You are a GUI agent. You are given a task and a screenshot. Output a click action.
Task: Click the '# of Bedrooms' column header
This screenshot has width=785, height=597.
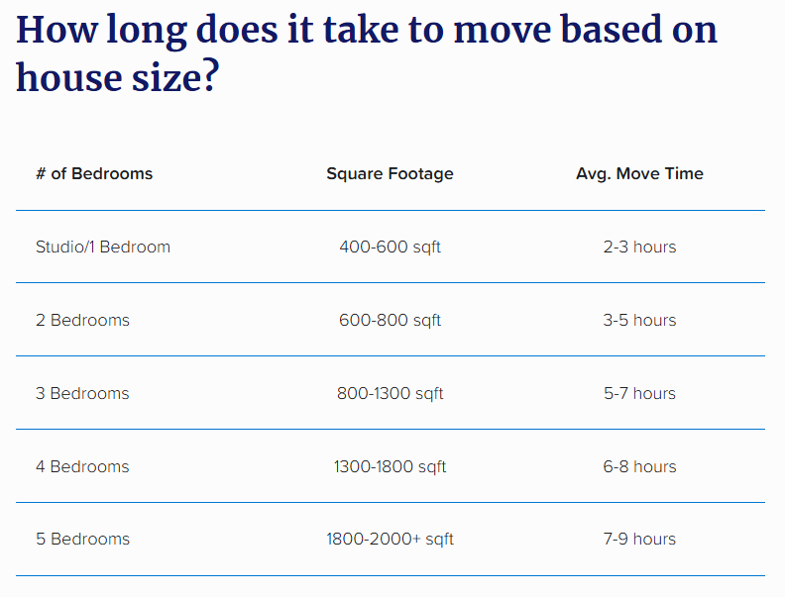pyautogui.click(x=94, y=173)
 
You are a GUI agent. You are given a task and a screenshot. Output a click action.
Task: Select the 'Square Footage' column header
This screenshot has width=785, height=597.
pyautogui.click(x=390, y=173)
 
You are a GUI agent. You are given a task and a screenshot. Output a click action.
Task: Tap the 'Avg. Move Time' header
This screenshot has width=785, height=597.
pyautogui.click(x=640, y=173)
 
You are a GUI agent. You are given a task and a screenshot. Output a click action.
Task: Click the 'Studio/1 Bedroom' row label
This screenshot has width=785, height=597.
pyautogui.click(x=103, y=247)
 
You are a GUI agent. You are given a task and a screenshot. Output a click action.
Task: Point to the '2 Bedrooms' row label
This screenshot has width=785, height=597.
pyautogui.click(x=82, y=320)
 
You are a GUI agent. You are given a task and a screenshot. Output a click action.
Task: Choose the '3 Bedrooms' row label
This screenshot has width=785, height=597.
pyautogui.click(x=82, y=393)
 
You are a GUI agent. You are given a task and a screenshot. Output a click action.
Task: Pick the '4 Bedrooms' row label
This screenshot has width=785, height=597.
pyautogui.click(x=82, y=466)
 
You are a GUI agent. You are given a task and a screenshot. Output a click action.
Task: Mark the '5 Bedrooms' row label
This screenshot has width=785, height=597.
pyautogui.click(x=82, y=539)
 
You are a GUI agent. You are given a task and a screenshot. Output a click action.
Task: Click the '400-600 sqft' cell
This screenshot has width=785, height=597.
pyautogui.click(x=390, y=247)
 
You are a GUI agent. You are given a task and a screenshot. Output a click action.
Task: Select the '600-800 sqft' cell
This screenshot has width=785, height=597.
pyautogui.click(x=390, y=320)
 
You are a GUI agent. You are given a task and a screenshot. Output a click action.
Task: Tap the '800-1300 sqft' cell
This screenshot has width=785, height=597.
pyautogui.click(x=390, y=393)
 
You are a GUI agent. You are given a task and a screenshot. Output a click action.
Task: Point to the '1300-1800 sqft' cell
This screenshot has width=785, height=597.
pyautogui.click(x=390, y=466)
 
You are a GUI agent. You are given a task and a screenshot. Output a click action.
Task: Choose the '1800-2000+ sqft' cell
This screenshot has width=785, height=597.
pyautogui.click(x=390, y=539)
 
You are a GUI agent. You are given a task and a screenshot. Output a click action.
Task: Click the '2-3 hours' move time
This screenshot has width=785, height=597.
pyautogui.click(x=640, y=247)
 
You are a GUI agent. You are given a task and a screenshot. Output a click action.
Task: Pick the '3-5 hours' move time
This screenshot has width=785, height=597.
pyautogui.click(x=640, y=320)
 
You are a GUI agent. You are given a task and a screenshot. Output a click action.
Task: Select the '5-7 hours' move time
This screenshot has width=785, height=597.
pyautogui.click(x=640, y=393)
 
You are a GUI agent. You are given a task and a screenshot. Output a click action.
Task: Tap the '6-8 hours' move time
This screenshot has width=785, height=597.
pyautogui.click(x=640, y=466)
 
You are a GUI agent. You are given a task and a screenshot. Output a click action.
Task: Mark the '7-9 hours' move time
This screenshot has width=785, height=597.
pyautogui.click(x=640, y=539)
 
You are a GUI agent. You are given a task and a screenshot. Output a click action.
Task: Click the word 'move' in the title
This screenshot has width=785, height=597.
pyautogui.click(x=502, y=32)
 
